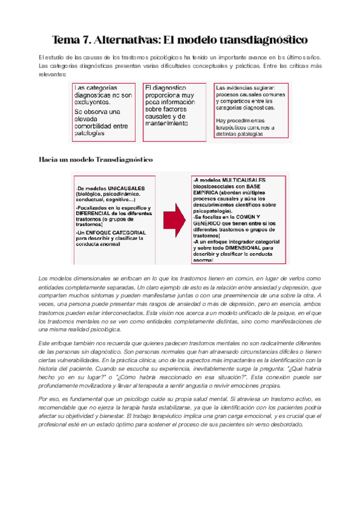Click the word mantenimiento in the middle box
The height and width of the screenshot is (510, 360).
coord(166,122)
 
